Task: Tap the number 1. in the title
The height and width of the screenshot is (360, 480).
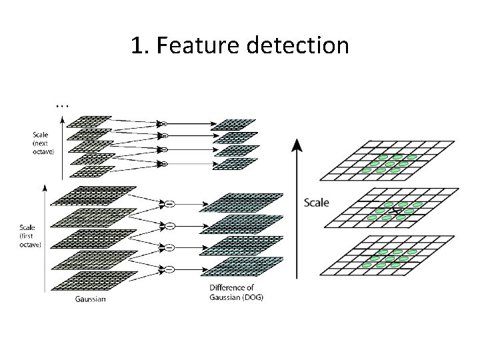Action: (x=139, y=46)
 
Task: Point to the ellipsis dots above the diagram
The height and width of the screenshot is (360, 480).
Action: (x=62, y=105)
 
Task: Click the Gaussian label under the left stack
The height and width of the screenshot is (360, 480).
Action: (x=89, y=299)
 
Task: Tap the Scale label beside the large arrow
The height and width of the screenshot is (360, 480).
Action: (x=316, y=202)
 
